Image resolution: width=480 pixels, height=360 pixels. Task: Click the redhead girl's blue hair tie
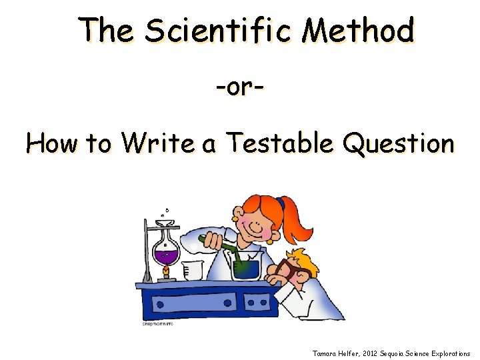coord(281,203)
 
